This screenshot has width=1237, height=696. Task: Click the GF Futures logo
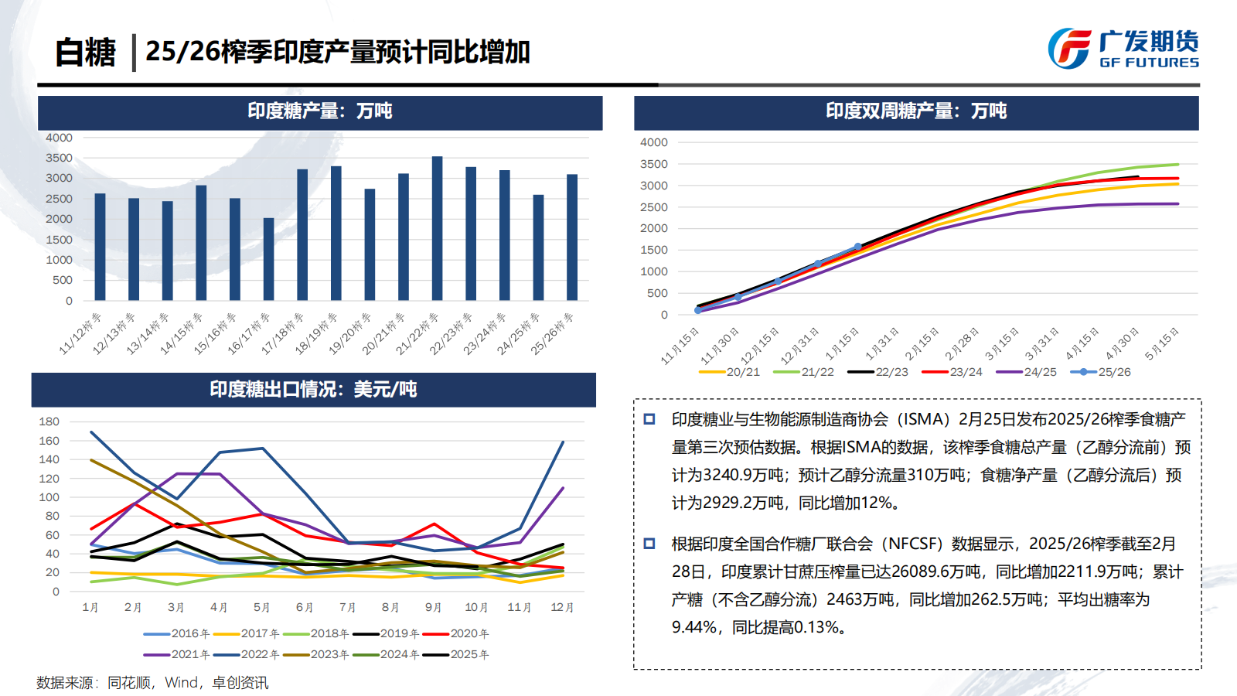click(1123, 49)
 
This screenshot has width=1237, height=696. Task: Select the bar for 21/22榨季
click(437, 228)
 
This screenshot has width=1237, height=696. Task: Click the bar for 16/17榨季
click(268, 259)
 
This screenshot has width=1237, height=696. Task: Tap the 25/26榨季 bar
click(572, 237)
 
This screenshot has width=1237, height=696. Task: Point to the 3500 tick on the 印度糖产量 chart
click(59, 158)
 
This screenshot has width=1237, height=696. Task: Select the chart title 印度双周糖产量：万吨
click(916, 111)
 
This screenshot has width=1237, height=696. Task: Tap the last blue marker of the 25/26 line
click(857, 247)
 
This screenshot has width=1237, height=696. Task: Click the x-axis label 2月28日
click(962, 344)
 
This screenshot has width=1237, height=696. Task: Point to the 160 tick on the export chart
click(49, 441)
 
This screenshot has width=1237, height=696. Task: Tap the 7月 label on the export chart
click(348, 608)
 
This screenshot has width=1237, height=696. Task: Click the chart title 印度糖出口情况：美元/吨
click(313, 389)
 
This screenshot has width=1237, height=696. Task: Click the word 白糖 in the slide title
click(85, 53)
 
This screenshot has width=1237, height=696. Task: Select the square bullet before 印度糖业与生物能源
click(649, 419)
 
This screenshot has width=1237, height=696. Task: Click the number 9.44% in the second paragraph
click(693, 627)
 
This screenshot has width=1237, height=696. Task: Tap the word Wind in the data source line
click(182, 683)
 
